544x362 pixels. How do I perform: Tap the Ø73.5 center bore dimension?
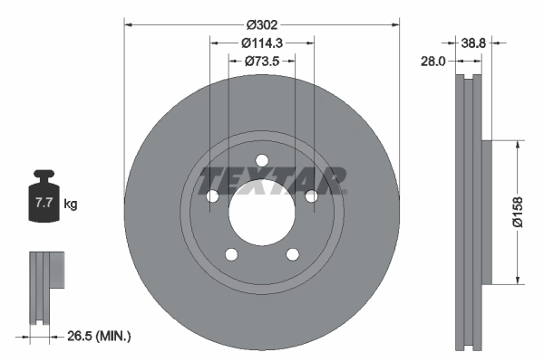(262, 61)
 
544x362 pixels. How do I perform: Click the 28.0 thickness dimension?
(434, 61)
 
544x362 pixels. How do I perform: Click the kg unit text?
(72, 205)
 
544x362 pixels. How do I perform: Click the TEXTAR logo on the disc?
(272, 178)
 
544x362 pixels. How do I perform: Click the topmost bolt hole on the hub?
(262, 161)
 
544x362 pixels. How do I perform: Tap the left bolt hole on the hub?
(212, 196)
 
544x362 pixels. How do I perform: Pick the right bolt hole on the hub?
(312, 196)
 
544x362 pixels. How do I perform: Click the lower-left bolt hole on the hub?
(231, 255)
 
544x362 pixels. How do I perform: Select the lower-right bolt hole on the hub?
(293, 255)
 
